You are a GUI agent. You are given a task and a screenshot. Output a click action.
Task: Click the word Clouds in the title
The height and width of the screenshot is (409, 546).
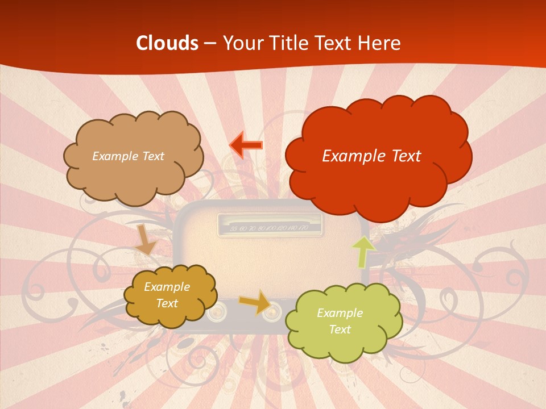click(x=167, y=43)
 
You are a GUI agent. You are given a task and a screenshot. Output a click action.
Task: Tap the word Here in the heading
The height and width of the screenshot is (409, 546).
click(x=381, y=43)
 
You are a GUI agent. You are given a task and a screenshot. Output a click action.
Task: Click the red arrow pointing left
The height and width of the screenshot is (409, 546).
click(x=246, y=145)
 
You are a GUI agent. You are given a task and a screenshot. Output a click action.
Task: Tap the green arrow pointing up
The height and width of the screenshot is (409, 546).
click(x=363, y=251)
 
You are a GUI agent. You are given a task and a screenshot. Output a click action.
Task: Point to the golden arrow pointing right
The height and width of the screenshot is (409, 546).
click(x=255, y=302)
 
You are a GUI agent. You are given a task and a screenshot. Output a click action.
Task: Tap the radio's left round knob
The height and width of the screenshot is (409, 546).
click(x=217, y=312)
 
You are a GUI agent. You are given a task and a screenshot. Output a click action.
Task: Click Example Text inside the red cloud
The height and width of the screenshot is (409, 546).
click(x=371, y=156)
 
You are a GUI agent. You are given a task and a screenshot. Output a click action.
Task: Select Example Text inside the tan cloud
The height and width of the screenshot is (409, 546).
click(x=128, y=156)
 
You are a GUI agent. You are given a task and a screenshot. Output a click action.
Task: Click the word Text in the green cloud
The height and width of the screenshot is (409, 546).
click(x=340, y=329)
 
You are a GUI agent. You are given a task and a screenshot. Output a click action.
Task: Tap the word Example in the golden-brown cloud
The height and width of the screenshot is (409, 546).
click(x=167, y=287)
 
